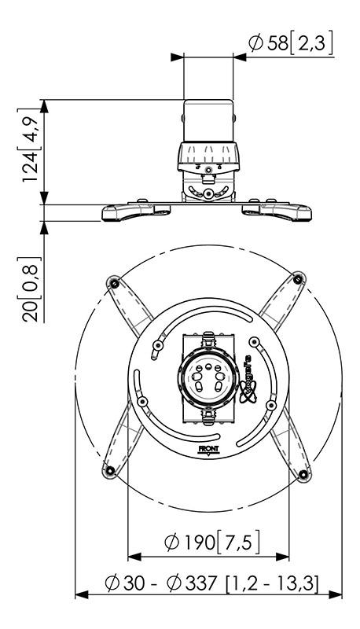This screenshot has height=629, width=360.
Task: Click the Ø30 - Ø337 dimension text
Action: pyautogui.click(x=208, y=583)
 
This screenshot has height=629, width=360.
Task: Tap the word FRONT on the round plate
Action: pyautogui.click(x=208, y=451)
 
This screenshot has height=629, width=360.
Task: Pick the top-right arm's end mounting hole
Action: pyautogui.click(x=298, y=278)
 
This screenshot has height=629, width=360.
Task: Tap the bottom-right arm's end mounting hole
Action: pyautogui.click(x=303, y=474)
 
